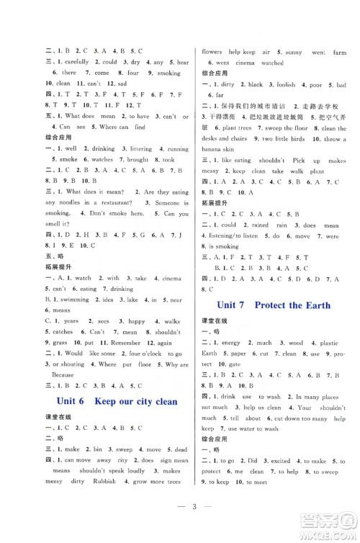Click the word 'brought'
coord(136,159)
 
